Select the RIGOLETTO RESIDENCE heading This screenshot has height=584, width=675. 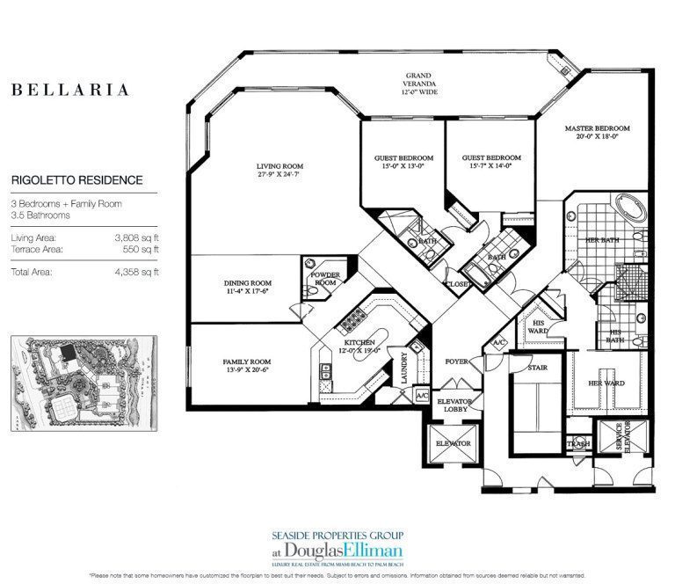pyautogui.click(x=76, y=180)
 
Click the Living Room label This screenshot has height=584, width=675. pyautogui.click(x=279, y=170)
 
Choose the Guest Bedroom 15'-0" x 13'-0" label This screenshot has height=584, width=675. pyautogui.click(x=400, y=163)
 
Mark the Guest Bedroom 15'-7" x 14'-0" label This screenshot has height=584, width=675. pyautogui.click(x=486, y=163)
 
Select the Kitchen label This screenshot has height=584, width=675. pyautogui.click(x=360, y=346)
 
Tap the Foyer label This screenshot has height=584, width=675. pyautogui.click(x=456, y=361)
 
